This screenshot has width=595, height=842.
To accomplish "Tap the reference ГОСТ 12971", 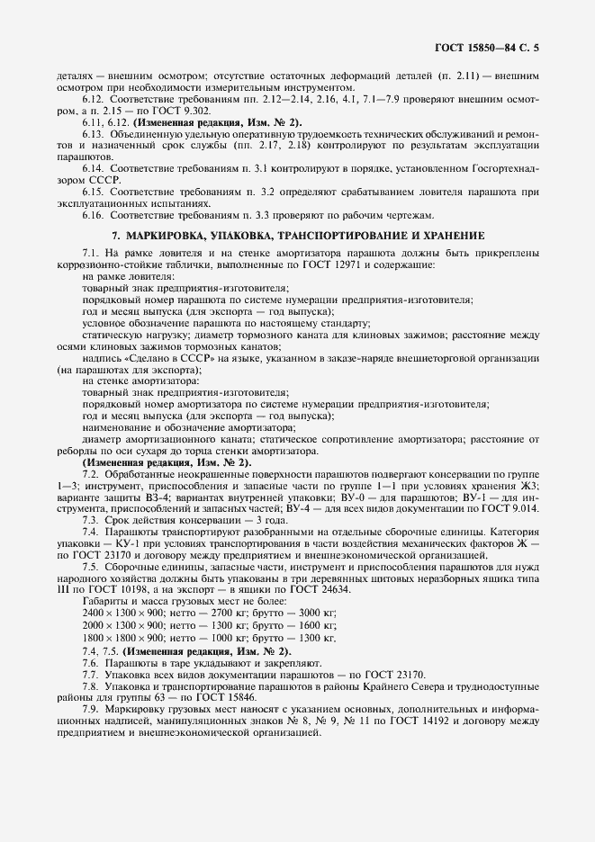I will (x=379, y=264).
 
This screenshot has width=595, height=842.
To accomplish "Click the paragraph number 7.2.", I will (x=89, y=474).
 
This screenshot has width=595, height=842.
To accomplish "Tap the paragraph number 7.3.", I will (x=89, y=521).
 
